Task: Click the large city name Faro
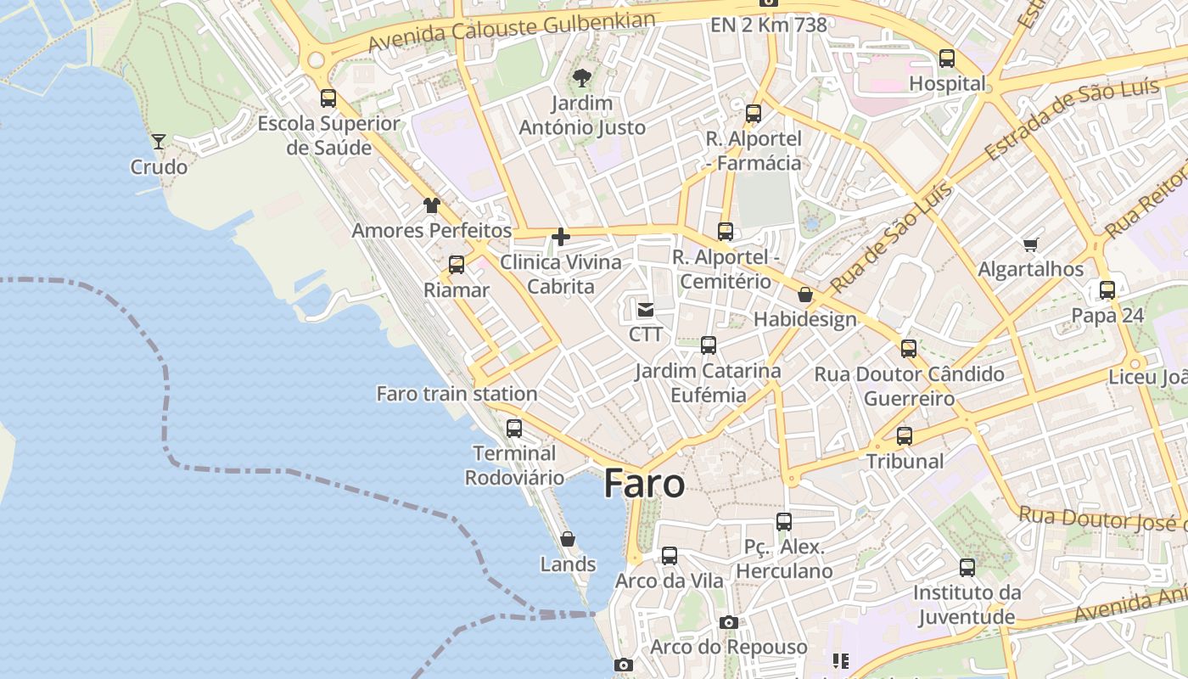pyautogui.click(x=644, y=484)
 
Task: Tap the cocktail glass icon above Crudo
pyautogui.click(x=159, y=141)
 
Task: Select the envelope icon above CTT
pyautogui.click(x=646, y=309)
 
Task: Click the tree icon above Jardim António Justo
pyautogui.click(x=582, y=79)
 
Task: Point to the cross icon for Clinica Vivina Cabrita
pyautogui.click(x=561, y=237)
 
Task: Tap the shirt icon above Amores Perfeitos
pyautogui.click(x=432, y=205)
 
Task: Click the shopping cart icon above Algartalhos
pyautogui.click(x=1031, y=245)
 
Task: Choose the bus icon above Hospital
pyautogui.click(x=947, y=59)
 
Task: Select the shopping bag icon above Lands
pyautogui.click(x=568, y=539)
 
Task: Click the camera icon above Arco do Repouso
pyautogui.click(x=728, y=623)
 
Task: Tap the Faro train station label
pyautogui.click(x=457, y=394)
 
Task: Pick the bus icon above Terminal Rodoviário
pyautogui.click(x=513, y=429)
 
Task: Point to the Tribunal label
pyautogui.click(x=905, y=462)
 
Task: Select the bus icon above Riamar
pyautogui.click(x=457, y=265)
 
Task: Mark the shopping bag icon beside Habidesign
pyautogui.click(x=805, y=295)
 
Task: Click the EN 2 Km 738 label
pyautogui.click(x=769, y=25)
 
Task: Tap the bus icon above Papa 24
pyautogui.click(x=1107, y=290)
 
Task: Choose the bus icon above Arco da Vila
pyautogui.click(x=670, y=556)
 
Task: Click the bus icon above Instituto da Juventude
pyautogui.click(x=967, y=568)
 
